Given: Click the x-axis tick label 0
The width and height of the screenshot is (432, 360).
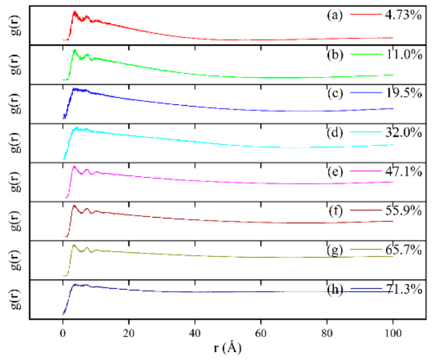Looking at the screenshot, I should click(x=63, y=333).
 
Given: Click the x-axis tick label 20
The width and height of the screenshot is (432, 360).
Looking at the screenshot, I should click(x=129, y=333).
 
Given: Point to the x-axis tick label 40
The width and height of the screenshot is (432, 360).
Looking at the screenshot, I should click(x=195, y=333).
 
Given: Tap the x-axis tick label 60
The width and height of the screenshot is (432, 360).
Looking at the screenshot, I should click(x=261, y=333).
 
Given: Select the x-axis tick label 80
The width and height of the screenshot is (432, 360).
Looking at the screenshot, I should click(x=327, y=333).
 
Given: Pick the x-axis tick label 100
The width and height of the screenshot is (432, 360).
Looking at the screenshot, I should click(x=392, y=333).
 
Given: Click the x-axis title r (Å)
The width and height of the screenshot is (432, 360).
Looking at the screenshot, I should click(x=227, y=348).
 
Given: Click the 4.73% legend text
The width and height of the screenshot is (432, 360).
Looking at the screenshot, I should click(x=403, y=15).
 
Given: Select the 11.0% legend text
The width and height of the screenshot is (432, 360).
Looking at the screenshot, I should click(x=404, y=55).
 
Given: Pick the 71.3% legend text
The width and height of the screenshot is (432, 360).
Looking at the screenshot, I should click(x=404, y=289).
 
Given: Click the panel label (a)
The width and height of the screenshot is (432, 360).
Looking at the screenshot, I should click(x=335, y=15).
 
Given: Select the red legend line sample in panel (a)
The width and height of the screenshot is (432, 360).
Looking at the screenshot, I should click(x=366, y=14).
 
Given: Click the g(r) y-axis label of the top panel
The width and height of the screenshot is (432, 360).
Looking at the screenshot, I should click(x=16, y=25).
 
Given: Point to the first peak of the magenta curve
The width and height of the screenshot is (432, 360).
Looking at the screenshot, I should click(x=74, y=167).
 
